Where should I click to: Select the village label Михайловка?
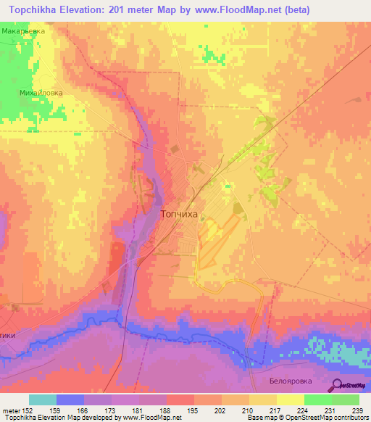point(41,93)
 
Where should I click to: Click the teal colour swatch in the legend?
point(43,400)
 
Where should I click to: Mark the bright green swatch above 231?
point(317,400)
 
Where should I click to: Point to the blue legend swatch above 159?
point(70,400)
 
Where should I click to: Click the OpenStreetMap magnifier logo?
point(336,386)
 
